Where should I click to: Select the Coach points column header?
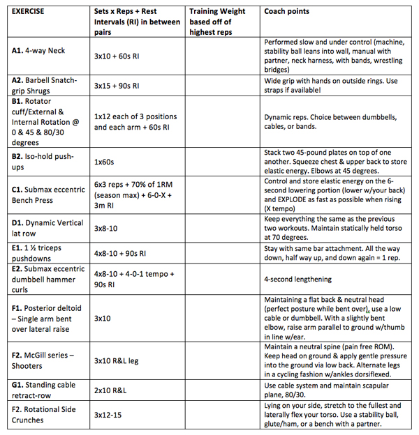coord(286,12)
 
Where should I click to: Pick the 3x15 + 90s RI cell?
coord(117,86)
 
